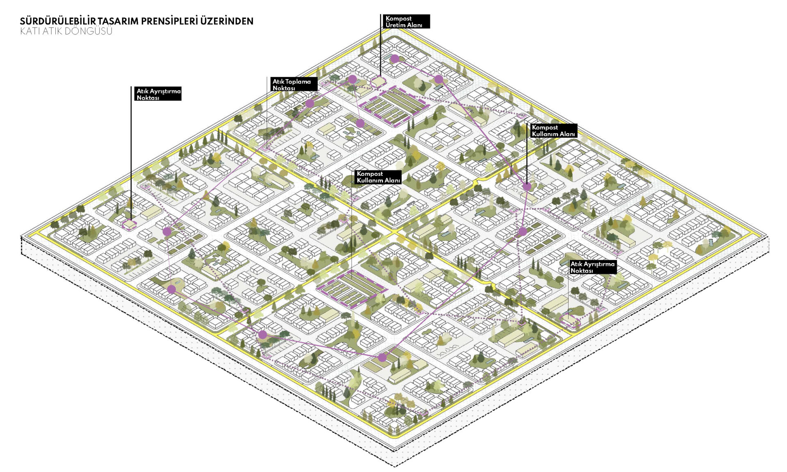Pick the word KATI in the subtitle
click(x=30, y=31)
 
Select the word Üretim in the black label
click(x=394, y=25)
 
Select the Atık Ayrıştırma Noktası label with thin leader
click(x=592, y=267)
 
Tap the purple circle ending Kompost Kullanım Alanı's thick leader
click(x=527, y=187)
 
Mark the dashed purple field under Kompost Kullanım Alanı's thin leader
click(x=351, y=289)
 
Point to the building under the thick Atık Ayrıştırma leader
click(x=130, y=225)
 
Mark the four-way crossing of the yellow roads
click(x=393, y=232)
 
